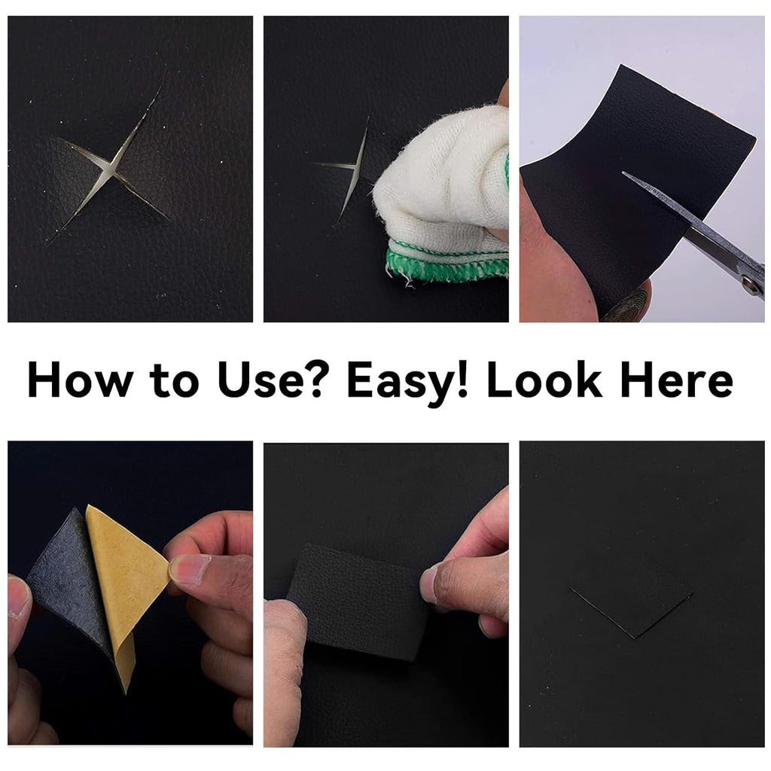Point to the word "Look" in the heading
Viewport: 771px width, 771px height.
pos(544,379)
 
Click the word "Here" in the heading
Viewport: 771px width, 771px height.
pos(677,379)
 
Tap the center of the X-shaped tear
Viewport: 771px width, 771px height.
pos(111,169)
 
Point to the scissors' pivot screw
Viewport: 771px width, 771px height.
pos(750,282)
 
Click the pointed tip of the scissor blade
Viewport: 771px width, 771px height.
pos(623,173)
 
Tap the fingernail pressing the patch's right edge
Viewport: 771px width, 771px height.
pos(428,584)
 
